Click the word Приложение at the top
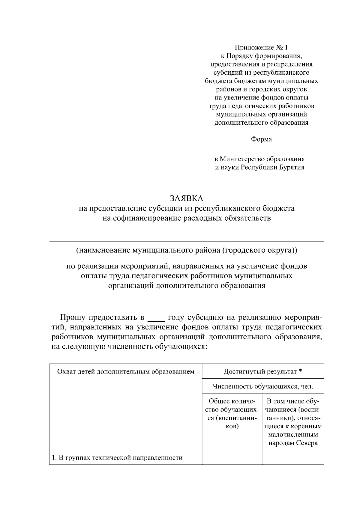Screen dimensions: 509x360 [254, 47]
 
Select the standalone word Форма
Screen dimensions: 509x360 [261, 139]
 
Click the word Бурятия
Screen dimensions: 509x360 [292, 167]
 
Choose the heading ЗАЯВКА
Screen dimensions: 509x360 [187, 198]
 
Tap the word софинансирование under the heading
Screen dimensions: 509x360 [146, 218]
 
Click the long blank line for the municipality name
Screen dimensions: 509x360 [187, 241]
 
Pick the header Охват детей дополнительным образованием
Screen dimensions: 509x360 [126, 372]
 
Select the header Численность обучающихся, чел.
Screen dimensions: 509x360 [263, 386]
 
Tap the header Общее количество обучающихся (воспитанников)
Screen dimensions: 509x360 [232, 414]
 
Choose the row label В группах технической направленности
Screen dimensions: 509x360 [117, 457]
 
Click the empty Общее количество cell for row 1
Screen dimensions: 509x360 [232, 457]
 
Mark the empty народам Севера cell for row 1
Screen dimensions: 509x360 [293, 457]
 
